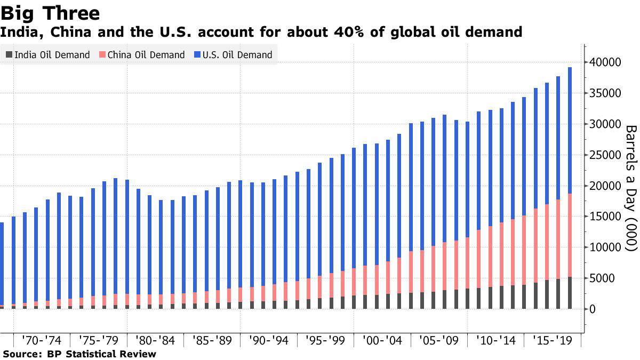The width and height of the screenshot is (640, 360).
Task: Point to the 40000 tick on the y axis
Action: [x=606, y=63]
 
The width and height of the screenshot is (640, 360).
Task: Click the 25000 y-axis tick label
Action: [x=606, y=156]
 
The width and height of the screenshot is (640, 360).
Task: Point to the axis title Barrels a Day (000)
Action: [x=631, y=188]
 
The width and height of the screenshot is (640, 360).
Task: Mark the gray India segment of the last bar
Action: [x=570, y=293]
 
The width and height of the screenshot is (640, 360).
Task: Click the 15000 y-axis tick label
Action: [x=606, y=217]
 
